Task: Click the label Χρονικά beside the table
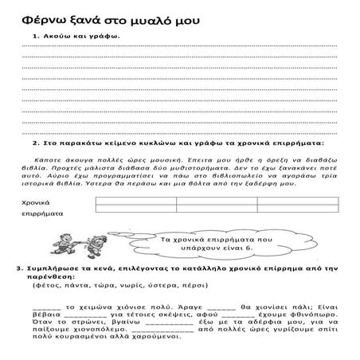click(37, 203)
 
